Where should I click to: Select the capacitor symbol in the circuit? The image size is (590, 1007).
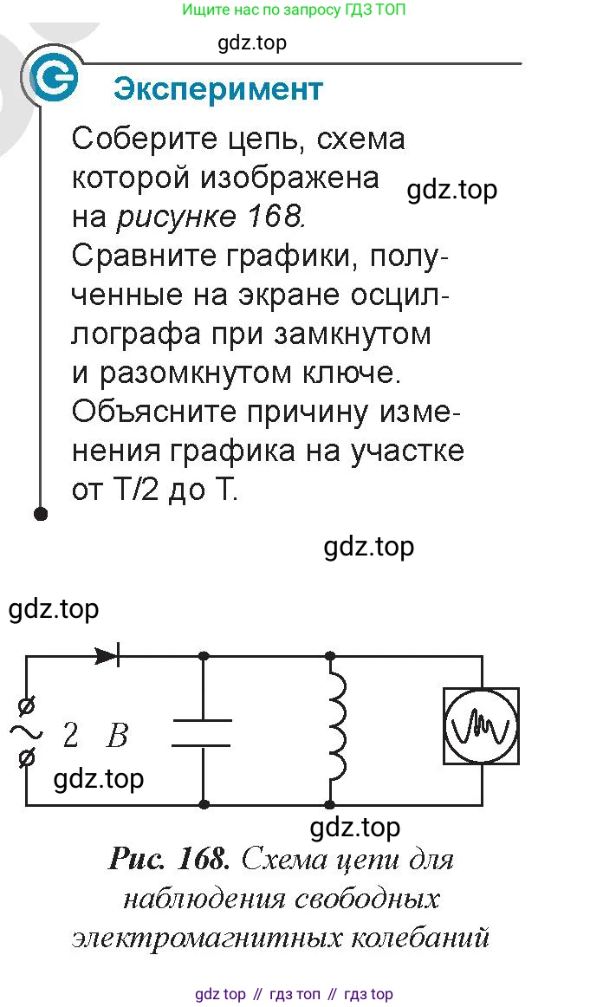(x=202, y=733)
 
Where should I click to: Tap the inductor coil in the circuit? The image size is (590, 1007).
(x=336, y=727)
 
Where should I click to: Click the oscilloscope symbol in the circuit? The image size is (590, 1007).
(x=481, y=725)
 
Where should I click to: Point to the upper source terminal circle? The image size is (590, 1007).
(x=27, y=707)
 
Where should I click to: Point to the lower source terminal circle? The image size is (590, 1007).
(x=27, y=759)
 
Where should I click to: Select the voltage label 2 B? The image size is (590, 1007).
(x=95, y=736)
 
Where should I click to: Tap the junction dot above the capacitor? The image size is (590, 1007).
(x=204, y=656)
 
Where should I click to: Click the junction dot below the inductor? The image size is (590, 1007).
(x=330, y=804)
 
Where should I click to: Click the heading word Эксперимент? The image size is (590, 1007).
(x=217, y=90)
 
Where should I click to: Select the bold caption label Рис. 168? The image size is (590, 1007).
(x=169, y=859)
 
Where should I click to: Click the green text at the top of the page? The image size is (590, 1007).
(x=294, y=10)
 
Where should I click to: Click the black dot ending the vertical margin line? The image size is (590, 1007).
(x=41, y=513)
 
